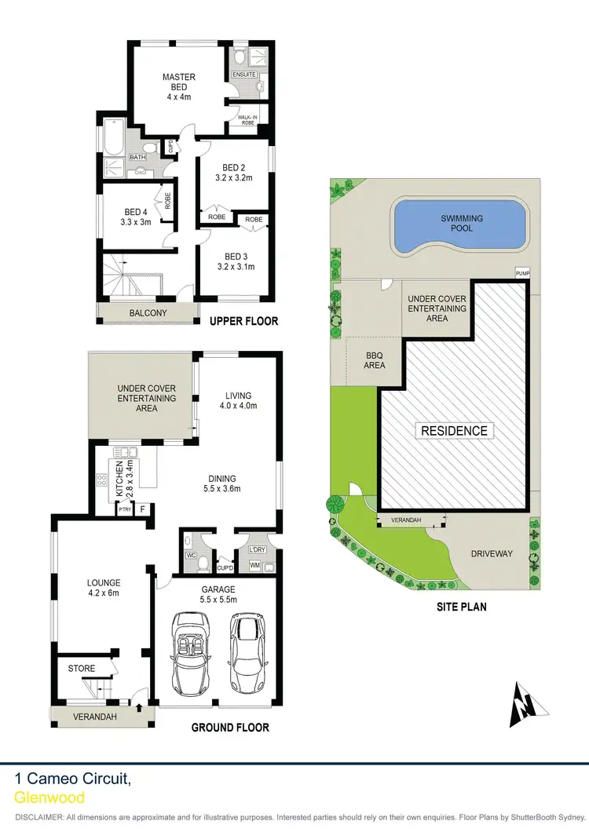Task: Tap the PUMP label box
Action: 523,272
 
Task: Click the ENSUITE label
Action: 243,75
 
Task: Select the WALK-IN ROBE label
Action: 248,120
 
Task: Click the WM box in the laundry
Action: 254,565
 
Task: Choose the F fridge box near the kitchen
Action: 142,509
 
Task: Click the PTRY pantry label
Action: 124,510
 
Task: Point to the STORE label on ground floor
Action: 82,669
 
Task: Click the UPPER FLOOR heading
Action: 243,321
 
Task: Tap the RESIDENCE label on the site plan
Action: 455,430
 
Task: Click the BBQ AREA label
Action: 375,360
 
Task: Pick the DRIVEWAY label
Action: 491,553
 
